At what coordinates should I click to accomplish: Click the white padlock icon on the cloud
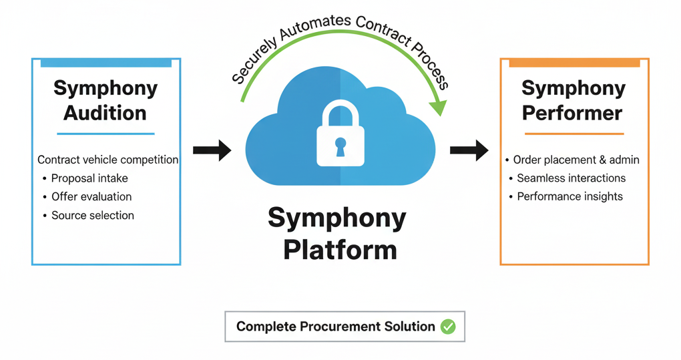pyautogui.click(x=340, y=136)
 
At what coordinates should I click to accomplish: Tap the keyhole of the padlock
pyautogui.click(x=340, y=147)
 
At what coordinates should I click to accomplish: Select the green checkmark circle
pyautogui.click(x=448, y=327)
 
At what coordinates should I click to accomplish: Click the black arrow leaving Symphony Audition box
pyautogui.click(x=212, y=150)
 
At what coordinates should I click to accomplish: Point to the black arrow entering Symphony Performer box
pyautogui.click(x=469, y=150)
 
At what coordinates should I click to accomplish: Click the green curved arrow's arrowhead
pyautogui.click(x=439, y=107)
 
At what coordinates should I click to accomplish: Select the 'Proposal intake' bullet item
pyautogui.click(x=89, y=178)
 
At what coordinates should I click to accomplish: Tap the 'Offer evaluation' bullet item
pyautogui.click(x=91, y=197)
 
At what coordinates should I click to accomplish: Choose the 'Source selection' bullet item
pyautogui.click(x=93, y=216)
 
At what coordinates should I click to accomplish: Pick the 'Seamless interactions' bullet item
pyautogui.click(x=571, y=178)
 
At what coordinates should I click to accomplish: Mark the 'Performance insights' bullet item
pyautogui.click(x=570, y=197)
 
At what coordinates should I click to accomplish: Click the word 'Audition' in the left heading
pyautogui.click(x=105, y=113)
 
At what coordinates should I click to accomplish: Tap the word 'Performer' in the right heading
pyautogui.click(x=572, y=113)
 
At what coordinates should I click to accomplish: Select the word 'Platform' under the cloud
pyautogui.click(x=340, y=250)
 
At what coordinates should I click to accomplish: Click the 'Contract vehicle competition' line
pyautogui.click(x=107, y=160)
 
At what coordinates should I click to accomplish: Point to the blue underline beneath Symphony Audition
pyautogui.click(x=105, y=134)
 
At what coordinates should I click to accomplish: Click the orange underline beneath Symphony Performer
pyautogui.click(x=574, y=134)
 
